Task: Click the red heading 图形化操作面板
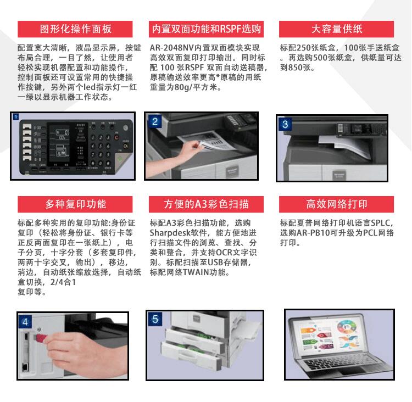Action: [76, 29]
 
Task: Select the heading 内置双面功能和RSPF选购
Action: [206, 29]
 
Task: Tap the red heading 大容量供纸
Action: [337, 29]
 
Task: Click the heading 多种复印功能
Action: [76, 204]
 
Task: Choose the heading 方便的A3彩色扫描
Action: [206, 204]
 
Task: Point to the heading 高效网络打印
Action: [337, 204]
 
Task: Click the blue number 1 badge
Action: [16, 118]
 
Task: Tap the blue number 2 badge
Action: [155, 122]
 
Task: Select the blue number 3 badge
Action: [285, 124]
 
